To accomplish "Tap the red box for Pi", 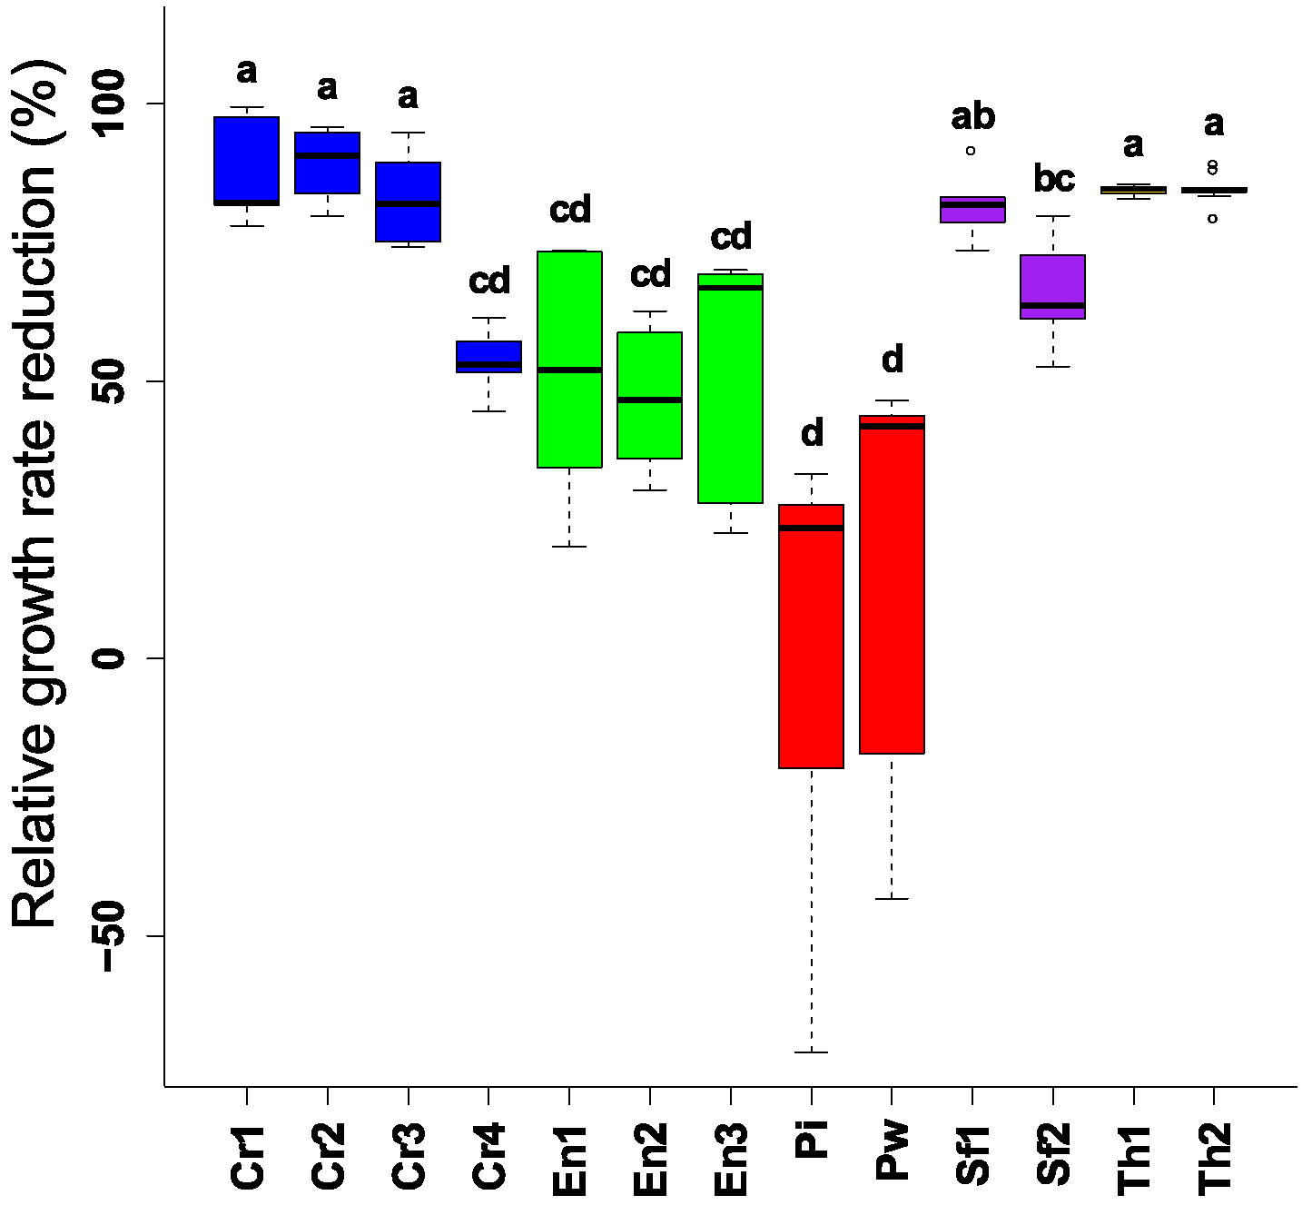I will tap(811, 636).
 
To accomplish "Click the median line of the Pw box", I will tap(892, 426).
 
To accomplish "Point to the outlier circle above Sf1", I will tap(971, 150).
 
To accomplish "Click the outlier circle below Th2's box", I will tap(1212, 218).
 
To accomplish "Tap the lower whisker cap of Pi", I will tap(811, 1052).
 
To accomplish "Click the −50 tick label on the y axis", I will tap(110, 936).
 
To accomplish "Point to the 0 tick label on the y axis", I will tap(110, 658).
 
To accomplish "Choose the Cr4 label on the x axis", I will tap(489, 1155).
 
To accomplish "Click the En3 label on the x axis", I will tap(731, 1158).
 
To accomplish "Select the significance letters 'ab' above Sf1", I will tap(972, 116).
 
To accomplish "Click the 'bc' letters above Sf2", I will tap(1053, 178).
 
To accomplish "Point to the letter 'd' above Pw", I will tap(893, 360).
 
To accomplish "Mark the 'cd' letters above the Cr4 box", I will tap(489, 281).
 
